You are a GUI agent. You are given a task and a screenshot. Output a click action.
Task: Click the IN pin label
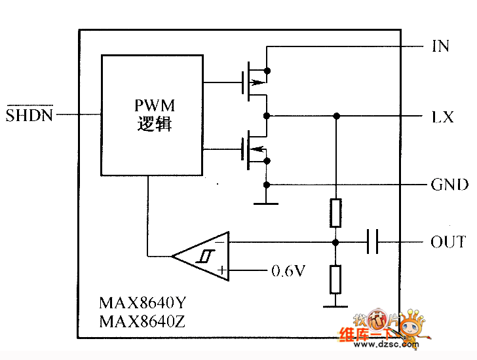[441, 46]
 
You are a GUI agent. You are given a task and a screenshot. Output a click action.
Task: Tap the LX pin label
[442, 117]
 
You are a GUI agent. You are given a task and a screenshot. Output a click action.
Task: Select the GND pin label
[449, 185]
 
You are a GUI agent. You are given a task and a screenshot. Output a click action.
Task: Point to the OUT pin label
[448, 242]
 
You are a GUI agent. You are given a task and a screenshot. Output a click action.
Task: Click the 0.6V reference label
[288, 270]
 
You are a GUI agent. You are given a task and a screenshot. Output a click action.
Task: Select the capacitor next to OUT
[373, 242]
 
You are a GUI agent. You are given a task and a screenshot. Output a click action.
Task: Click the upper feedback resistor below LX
[335, 213]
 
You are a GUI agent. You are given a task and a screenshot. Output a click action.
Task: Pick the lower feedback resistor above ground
[335, 279]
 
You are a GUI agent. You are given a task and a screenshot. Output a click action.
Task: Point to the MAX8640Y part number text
[143, 304]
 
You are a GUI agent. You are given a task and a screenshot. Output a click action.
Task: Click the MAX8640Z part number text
[143, 321]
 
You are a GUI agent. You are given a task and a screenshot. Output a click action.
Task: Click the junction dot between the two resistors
[335, 242]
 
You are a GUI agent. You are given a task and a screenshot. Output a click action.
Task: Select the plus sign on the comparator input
[221, 270]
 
